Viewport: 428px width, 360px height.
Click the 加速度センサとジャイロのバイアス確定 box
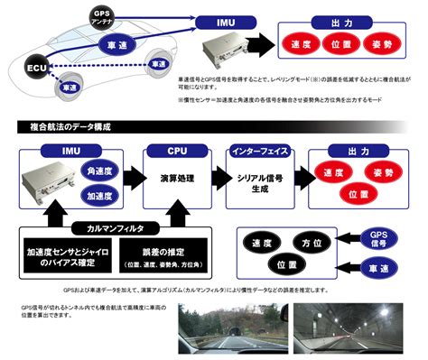(62, 257)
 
